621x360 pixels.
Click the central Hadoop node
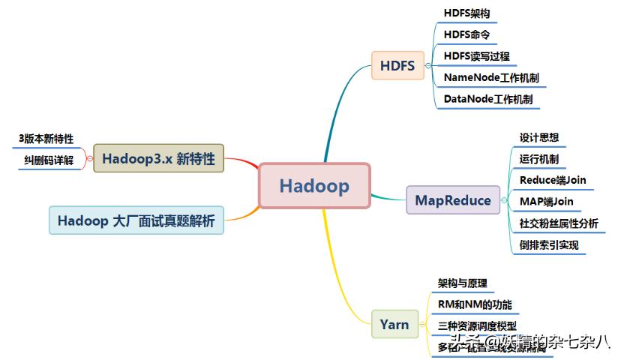click(314, 185)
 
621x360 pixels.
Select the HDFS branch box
click(397, 65)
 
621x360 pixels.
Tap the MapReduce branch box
click(453, 200)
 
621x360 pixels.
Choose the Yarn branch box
click(394, 324)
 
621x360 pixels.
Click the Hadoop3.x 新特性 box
click(158, 158)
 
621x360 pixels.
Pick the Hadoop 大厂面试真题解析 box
click(136, 220)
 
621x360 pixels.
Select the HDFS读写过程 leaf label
click(477, 55)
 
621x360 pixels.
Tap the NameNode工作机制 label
click(490, 77)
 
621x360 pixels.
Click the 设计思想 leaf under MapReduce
click(538, 138)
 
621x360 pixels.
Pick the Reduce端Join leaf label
click(553, 180)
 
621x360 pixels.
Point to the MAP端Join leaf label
click(546, 201)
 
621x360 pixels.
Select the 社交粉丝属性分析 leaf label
click(559, 223)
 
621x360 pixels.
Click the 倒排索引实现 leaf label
click(549, 244)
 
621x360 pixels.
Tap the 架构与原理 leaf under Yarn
click(463, 283)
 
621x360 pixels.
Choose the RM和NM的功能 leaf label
click(475, 304)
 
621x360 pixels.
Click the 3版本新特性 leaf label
click(46, 139)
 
